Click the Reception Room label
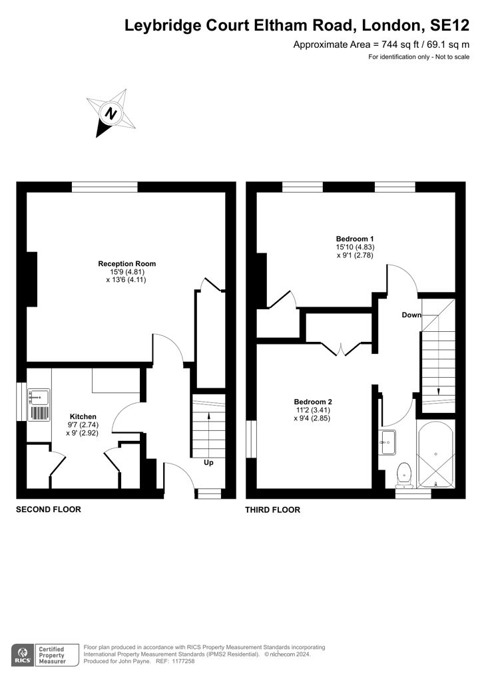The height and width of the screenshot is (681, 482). pos(126,263)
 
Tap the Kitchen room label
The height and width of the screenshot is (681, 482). pos(83,416)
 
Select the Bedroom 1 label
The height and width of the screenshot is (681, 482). pos(355,239)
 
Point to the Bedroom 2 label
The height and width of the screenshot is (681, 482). pos(313,402)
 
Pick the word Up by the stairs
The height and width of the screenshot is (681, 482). pos(208,462)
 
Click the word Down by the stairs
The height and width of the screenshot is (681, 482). pos(411,315)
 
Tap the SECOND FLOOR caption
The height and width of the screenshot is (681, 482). pos(49,510)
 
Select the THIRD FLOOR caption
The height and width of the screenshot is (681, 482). pos(273,510)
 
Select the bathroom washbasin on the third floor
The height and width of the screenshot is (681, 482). pos(387,441)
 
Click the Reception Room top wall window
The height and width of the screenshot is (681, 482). pos(105,187)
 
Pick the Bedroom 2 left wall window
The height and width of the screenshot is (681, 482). pos(251,439)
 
